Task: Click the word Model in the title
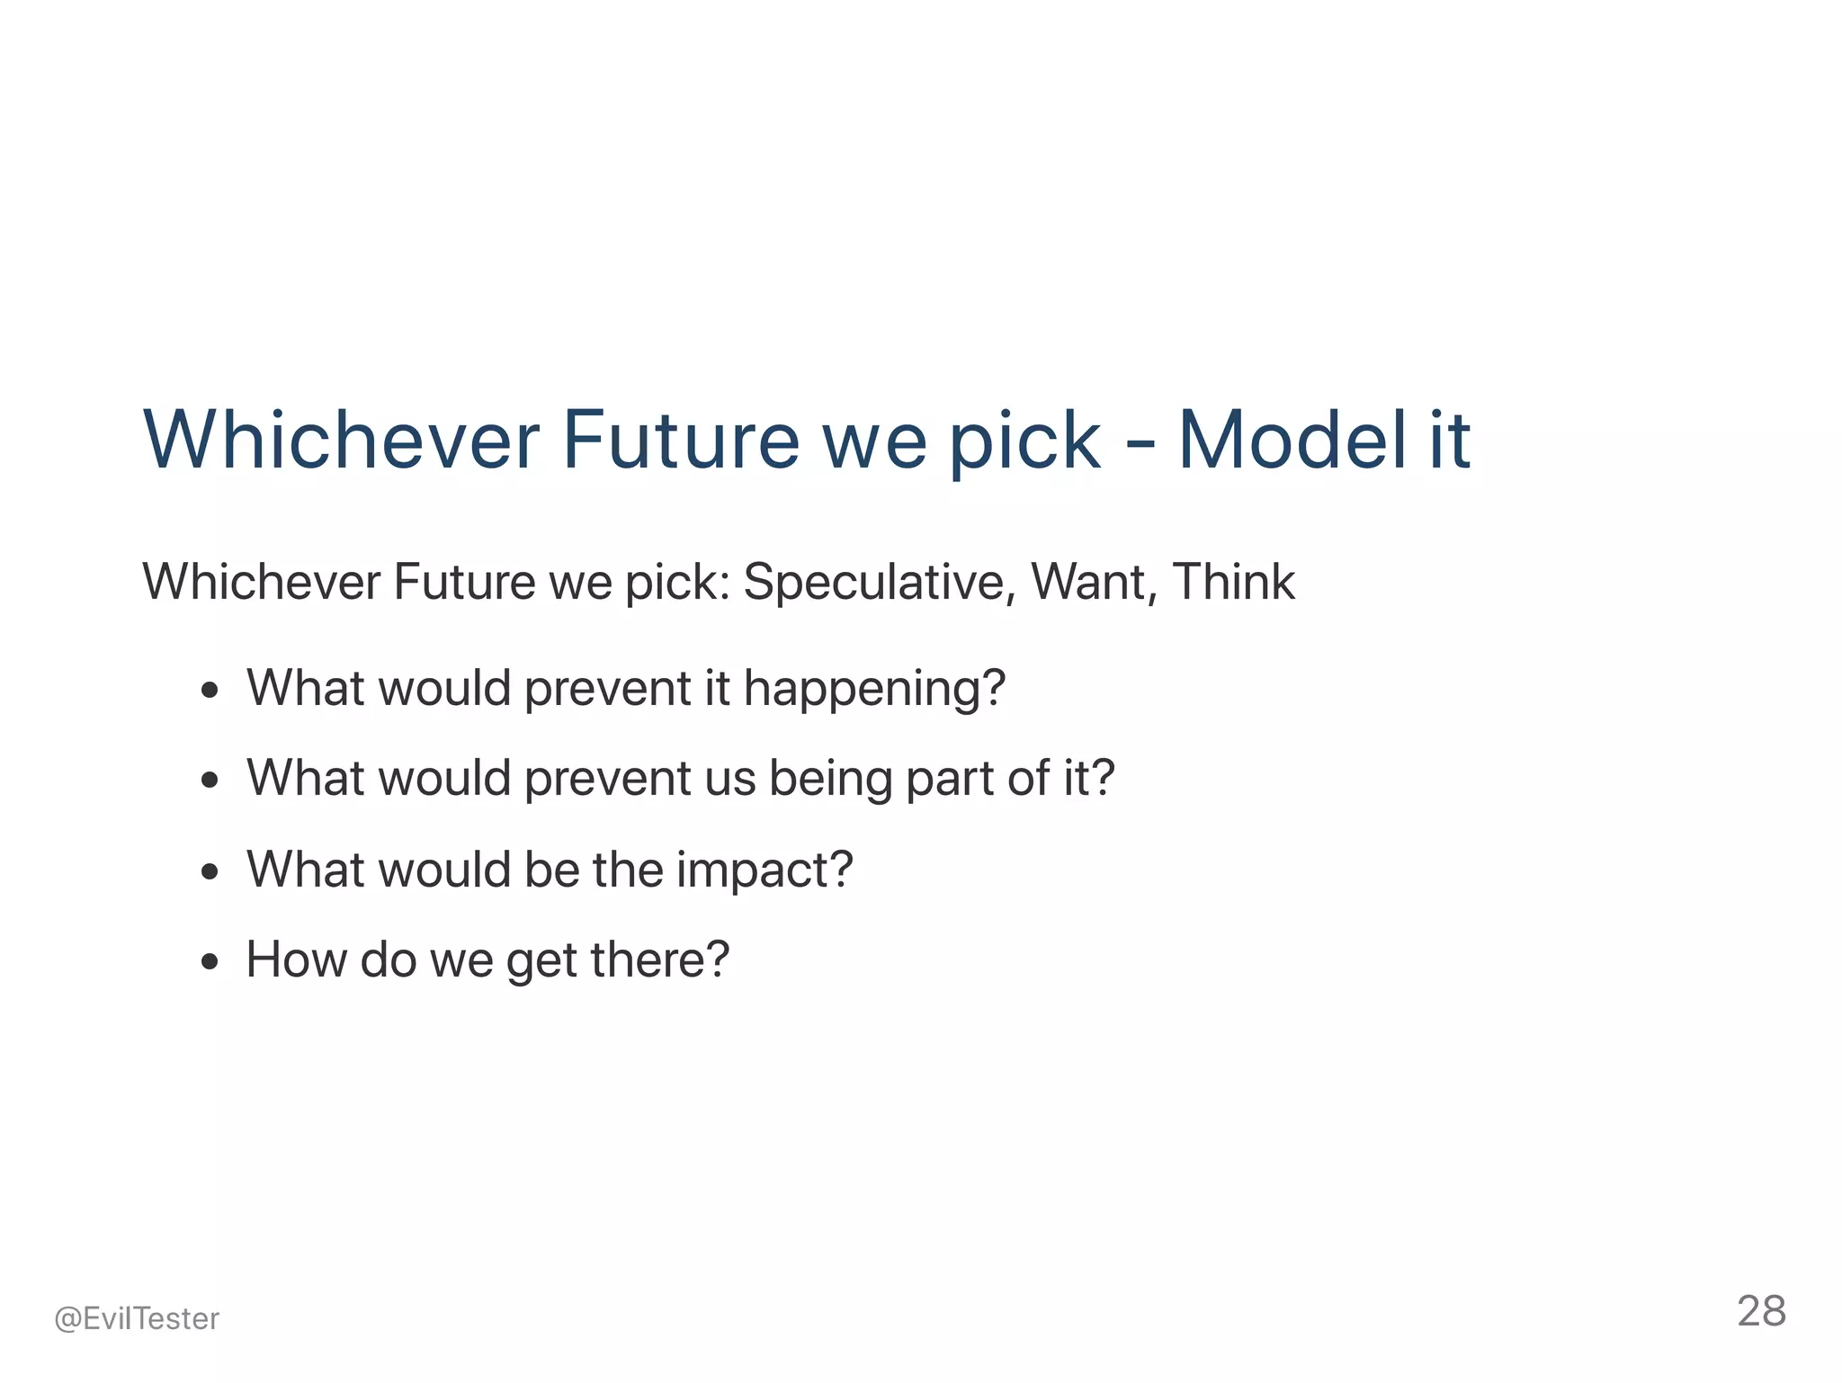[x=1292, y=441]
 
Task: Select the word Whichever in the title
[x=341, y=441]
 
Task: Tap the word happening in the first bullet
[x=873, y=690]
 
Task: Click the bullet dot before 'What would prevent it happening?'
[x=210, y=691]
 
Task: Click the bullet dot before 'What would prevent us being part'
[x=210, y=781]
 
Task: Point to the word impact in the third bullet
[x=764, y=870]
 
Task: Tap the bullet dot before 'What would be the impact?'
[x=210, y=871]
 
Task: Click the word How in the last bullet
[x=296, y=959]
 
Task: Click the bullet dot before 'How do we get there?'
[x=210, y=962]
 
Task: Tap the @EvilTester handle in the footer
[x=137, y=1318]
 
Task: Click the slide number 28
[x=1760, y=1311]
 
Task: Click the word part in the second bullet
[x=950, y=780]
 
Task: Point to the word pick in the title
[x=1024, y=442]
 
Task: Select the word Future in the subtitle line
[x=464, y=582]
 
